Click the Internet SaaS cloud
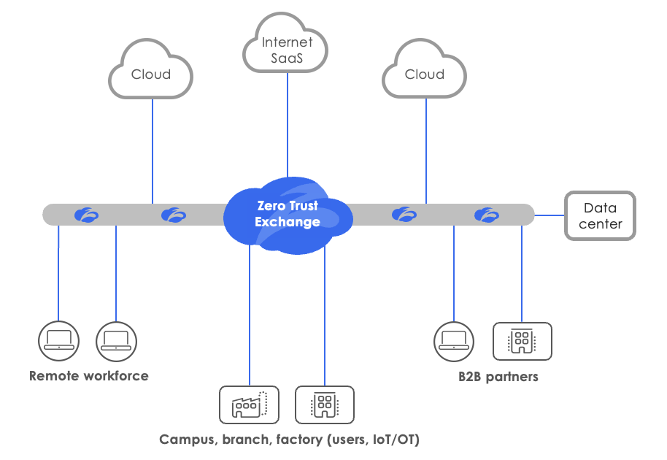coord(286,46)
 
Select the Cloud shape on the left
coord(151,72)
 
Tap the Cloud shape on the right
coord(424,72)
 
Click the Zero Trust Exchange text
coord(288,214)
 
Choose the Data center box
coord(600,216)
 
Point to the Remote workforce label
coord(89,377)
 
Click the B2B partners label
coord(498,377)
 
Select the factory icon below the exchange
coord(249,405)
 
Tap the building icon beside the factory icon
coord(324,405)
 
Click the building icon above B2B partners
coord(522,341)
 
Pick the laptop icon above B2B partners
coord(453,341)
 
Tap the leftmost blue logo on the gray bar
coord(86,215)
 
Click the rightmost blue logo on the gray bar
coord(486,215)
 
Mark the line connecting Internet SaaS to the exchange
coord(287,124)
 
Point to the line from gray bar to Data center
coord(550,215)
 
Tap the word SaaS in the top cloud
coord(287,58)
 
